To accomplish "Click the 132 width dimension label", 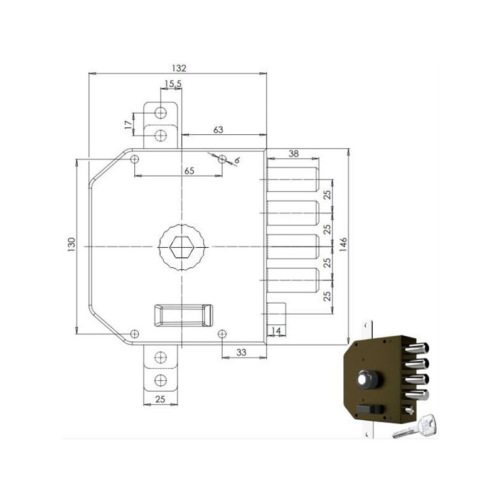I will (x=179, y=68).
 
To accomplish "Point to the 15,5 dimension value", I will (x=173, y=83).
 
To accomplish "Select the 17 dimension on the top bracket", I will (x=128, y=124).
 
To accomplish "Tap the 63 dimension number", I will (x=219, y=129).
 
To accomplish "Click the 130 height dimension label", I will (x=72, y=243).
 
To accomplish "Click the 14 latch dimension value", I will (x=275, y=331).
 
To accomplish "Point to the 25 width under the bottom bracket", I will (x=161, y=399).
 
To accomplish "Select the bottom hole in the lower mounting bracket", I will (x=161, y=380).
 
